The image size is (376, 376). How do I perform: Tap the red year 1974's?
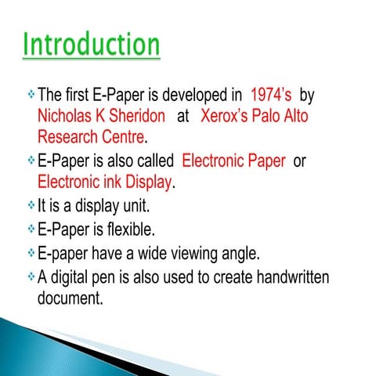[x=271, y=96]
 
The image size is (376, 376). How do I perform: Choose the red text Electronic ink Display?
[x=105, y=183]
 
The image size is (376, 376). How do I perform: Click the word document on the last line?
[x=70, y=298]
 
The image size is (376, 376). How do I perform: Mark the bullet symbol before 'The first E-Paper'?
[x=29, y=96]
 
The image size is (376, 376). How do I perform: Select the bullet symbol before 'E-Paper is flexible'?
[x=29, y=230]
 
